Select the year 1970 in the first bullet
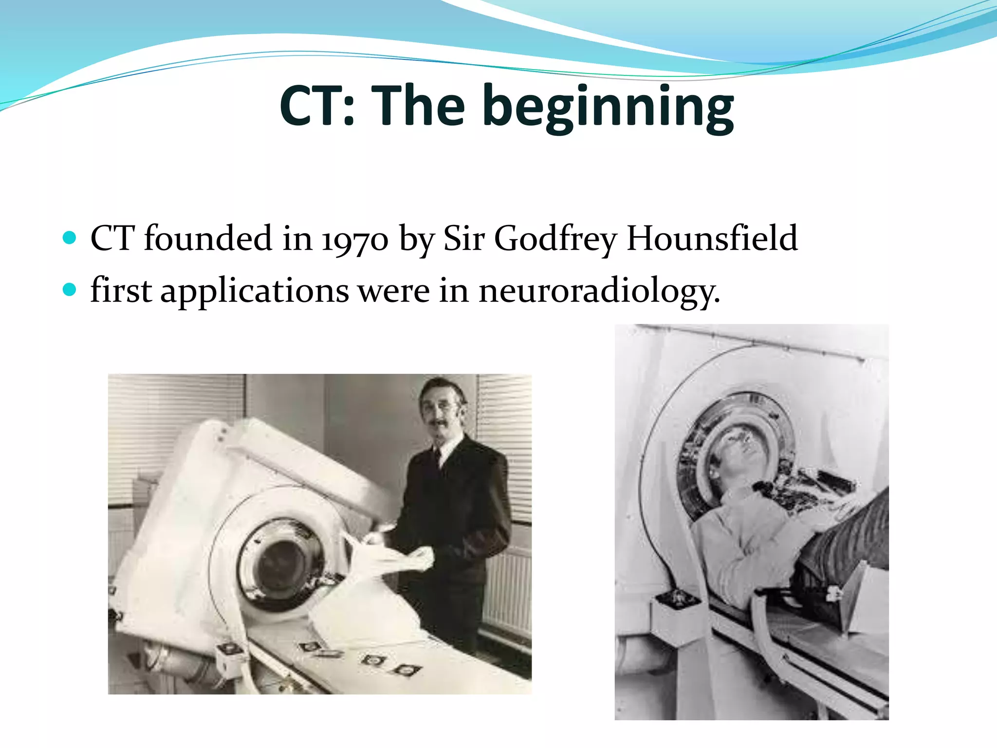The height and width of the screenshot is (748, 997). (355, 240)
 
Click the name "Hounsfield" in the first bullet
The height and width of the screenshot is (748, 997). (712, 239)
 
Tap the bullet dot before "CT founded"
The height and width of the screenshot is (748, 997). (70, 238)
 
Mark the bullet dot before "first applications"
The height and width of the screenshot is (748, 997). (70, 290)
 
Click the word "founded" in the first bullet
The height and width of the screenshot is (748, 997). (208, 239)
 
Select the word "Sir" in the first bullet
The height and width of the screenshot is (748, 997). (463, 239)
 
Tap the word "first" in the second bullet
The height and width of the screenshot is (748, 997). (121, 291)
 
